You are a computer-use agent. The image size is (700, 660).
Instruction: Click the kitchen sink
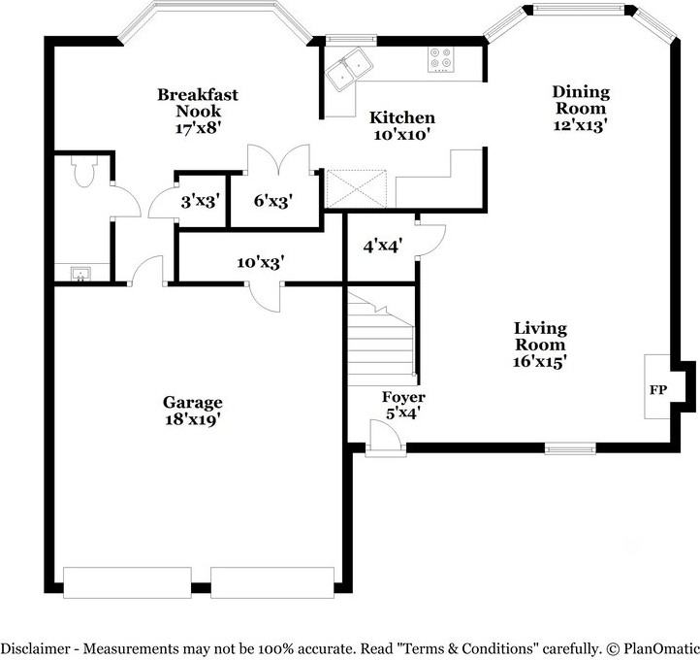(x=349, y=69)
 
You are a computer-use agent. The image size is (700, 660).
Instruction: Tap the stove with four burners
(x=440, y=59)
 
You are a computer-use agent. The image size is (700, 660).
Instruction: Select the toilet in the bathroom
(x=84, y=171)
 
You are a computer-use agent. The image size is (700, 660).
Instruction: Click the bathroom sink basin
(x=80, y=274)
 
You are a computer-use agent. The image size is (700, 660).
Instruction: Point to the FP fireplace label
(x=658, y=390)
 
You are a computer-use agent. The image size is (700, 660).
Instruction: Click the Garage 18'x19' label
(x=192, y=411)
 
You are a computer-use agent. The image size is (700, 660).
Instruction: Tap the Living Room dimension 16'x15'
(x=540, y=361)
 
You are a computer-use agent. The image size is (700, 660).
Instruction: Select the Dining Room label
(x=581, y=100)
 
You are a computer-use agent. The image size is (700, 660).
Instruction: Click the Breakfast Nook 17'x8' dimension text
(x=198, y=128)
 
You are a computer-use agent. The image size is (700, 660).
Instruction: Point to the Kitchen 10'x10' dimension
(x=401, y=134)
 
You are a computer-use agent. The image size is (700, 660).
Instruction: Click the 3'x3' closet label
(x=201, y=202)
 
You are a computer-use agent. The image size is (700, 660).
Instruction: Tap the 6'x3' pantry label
(x=273, y=201)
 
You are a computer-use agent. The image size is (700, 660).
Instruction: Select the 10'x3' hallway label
(x=261, y=262)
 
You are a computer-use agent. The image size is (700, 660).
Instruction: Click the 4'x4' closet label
(x=383, y=246)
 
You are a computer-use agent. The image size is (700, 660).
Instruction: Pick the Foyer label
(x=403, y=397)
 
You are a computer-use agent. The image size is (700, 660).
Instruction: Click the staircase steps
(x=381, y=339)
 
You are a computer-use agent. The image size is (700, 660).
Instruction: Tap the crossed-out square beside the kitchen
(x=356, y=188)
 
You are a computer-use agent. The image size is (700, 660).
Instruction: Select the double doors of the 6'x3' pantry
(x=279, y=159)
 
